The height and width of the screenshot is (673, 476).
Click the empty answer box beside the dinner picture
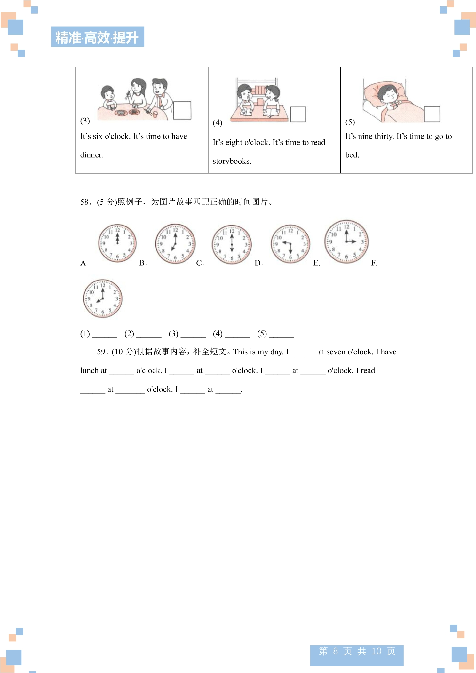click(182, 111)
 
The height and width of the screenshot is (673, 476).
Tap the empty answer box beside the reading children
click(298, 114)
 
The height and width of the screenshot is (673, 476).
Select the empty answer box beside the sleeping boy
click(432, 114)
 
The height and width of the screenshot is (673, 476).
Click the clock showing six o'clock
click(232, 245)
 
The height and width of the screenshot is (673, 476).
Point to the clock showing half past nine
click(290, 244)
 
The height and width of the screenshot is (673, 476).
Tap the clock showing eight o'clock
click(103, 299)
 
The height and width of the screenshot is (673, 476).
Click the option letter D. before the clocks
click(258, 263)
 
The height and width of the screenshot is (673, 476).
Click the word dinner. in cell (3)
click(91, 155)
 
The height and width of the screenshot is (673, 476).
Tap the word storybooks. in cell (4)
click(232, 161)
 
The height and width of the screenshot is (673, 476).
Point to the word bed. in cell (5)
click(352, 155)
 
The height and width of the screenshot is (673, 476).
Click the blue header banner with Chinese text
click(97, 37)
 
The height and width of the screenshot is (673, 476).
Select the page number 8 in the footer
click(335, 651)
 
